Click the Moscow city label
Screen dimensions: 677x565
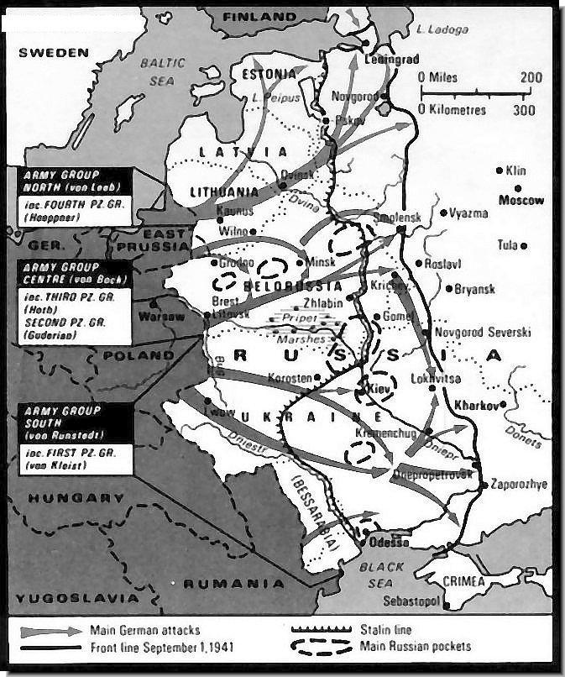521,200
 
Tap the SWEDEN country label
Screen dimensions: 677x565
54,52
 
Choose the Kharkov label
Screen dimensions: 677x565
475,404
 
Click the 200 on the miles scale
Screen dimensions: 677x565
531,76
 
